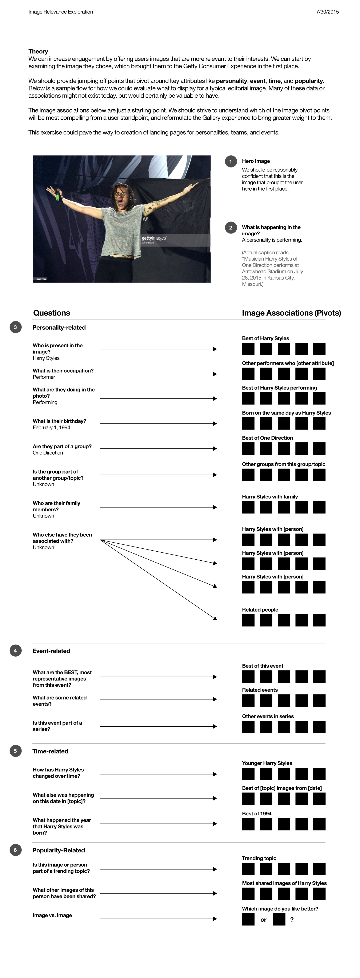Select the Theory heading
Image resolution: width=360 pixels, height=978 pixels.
coord(38,51)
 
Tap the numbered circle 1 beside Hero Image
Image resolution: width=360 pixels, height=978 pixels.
coord(231,161)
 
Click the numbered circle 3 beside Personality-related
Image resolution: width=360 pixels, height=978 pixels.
coord(15,327)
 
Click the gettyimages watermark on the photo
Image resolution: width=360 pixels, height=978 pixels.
coord(154,238)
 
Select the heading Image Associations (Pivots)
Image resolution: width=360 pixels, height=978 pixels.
coord(291,313)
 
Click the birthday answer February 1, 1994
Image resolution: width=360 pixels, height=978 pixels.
coord(51,427)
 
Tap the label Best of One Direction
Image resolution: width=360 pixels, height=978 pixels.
coord(267,438)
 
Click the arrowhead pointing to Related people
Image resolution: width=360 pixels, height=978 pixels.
coord(215,618)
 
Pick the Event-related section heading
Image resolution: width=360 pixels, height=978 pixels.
coord(51,651)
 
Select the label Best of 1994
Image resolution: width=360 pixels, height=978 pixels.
coord(257,813)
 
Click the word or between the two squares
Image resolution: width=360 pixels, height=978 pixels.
coord(264,920)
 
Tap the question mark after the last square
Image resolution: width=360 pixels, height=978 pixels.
coord(292,920)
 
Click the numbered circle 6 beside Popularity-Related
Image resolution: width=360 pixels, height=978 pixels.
coord(15,850)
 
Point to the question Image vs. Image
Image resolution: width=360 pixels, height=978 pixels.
coord(52,915)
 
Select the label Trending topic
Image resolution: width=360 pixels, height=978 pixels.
coord(259,858)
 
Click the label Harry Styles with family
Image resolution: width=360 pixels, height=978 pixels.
coord(270,497)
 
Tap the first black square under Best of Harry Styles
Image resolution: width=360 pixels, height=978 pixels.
coord(248,349)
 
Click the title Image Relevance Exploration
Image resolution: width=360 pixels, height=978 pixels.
coord(61,12)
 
